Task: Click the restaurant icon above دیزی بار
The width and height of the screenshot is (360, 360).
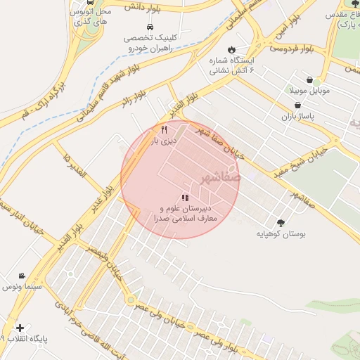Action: tap(165, 129)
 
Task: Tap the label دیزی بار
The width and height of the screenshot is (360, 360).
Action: tap(165, 141)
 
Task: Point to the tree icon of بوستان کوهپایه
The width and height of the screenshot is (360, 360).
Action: tap(282, 222)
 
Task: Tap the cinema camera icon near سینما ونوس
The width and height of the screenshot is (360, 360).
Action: tap(22, 276)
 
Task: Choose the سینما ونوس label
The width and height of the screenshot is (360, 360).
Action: tap(22, 287)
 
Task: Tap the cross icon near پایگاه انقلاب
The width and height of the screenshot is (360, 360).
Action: tap(20, 328)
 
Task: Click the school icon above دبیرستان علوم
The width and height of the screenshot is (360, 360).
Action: tap(184, 198)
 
